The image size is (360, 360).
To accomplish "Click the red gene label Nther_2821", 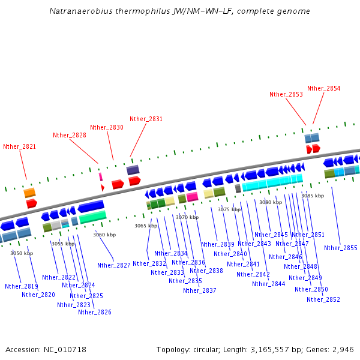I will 19,146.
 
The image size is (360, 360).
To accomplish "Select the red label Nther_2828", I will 70,135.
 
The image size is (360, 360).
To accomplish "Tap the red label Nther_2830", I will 107,127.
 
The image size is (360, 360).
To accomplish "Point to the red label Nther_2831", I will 146,119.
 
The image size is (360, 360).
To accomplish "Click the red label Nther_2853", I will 286,94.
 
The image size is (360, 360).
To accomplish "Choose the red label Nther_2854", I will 324,88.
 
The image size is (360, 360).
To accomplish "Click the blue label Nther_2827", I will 114,265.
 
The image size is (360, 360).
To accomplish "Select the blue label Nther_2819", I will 22,286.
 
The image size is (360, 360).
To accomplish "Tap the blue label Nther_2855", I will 341,248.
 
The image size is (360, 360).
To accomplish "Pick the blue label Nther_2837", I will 200,290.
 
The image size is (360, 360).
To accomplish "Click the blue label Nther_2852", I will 323,299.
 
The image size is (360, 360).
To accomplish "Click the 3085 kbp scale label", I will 313,196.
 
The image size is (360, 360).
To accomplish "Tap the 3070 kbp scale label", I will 187,217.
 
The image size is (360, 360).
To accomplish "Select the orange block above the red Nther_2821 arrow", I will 29,193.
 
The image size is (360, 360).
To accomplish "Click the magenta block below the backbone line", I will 192,196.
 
